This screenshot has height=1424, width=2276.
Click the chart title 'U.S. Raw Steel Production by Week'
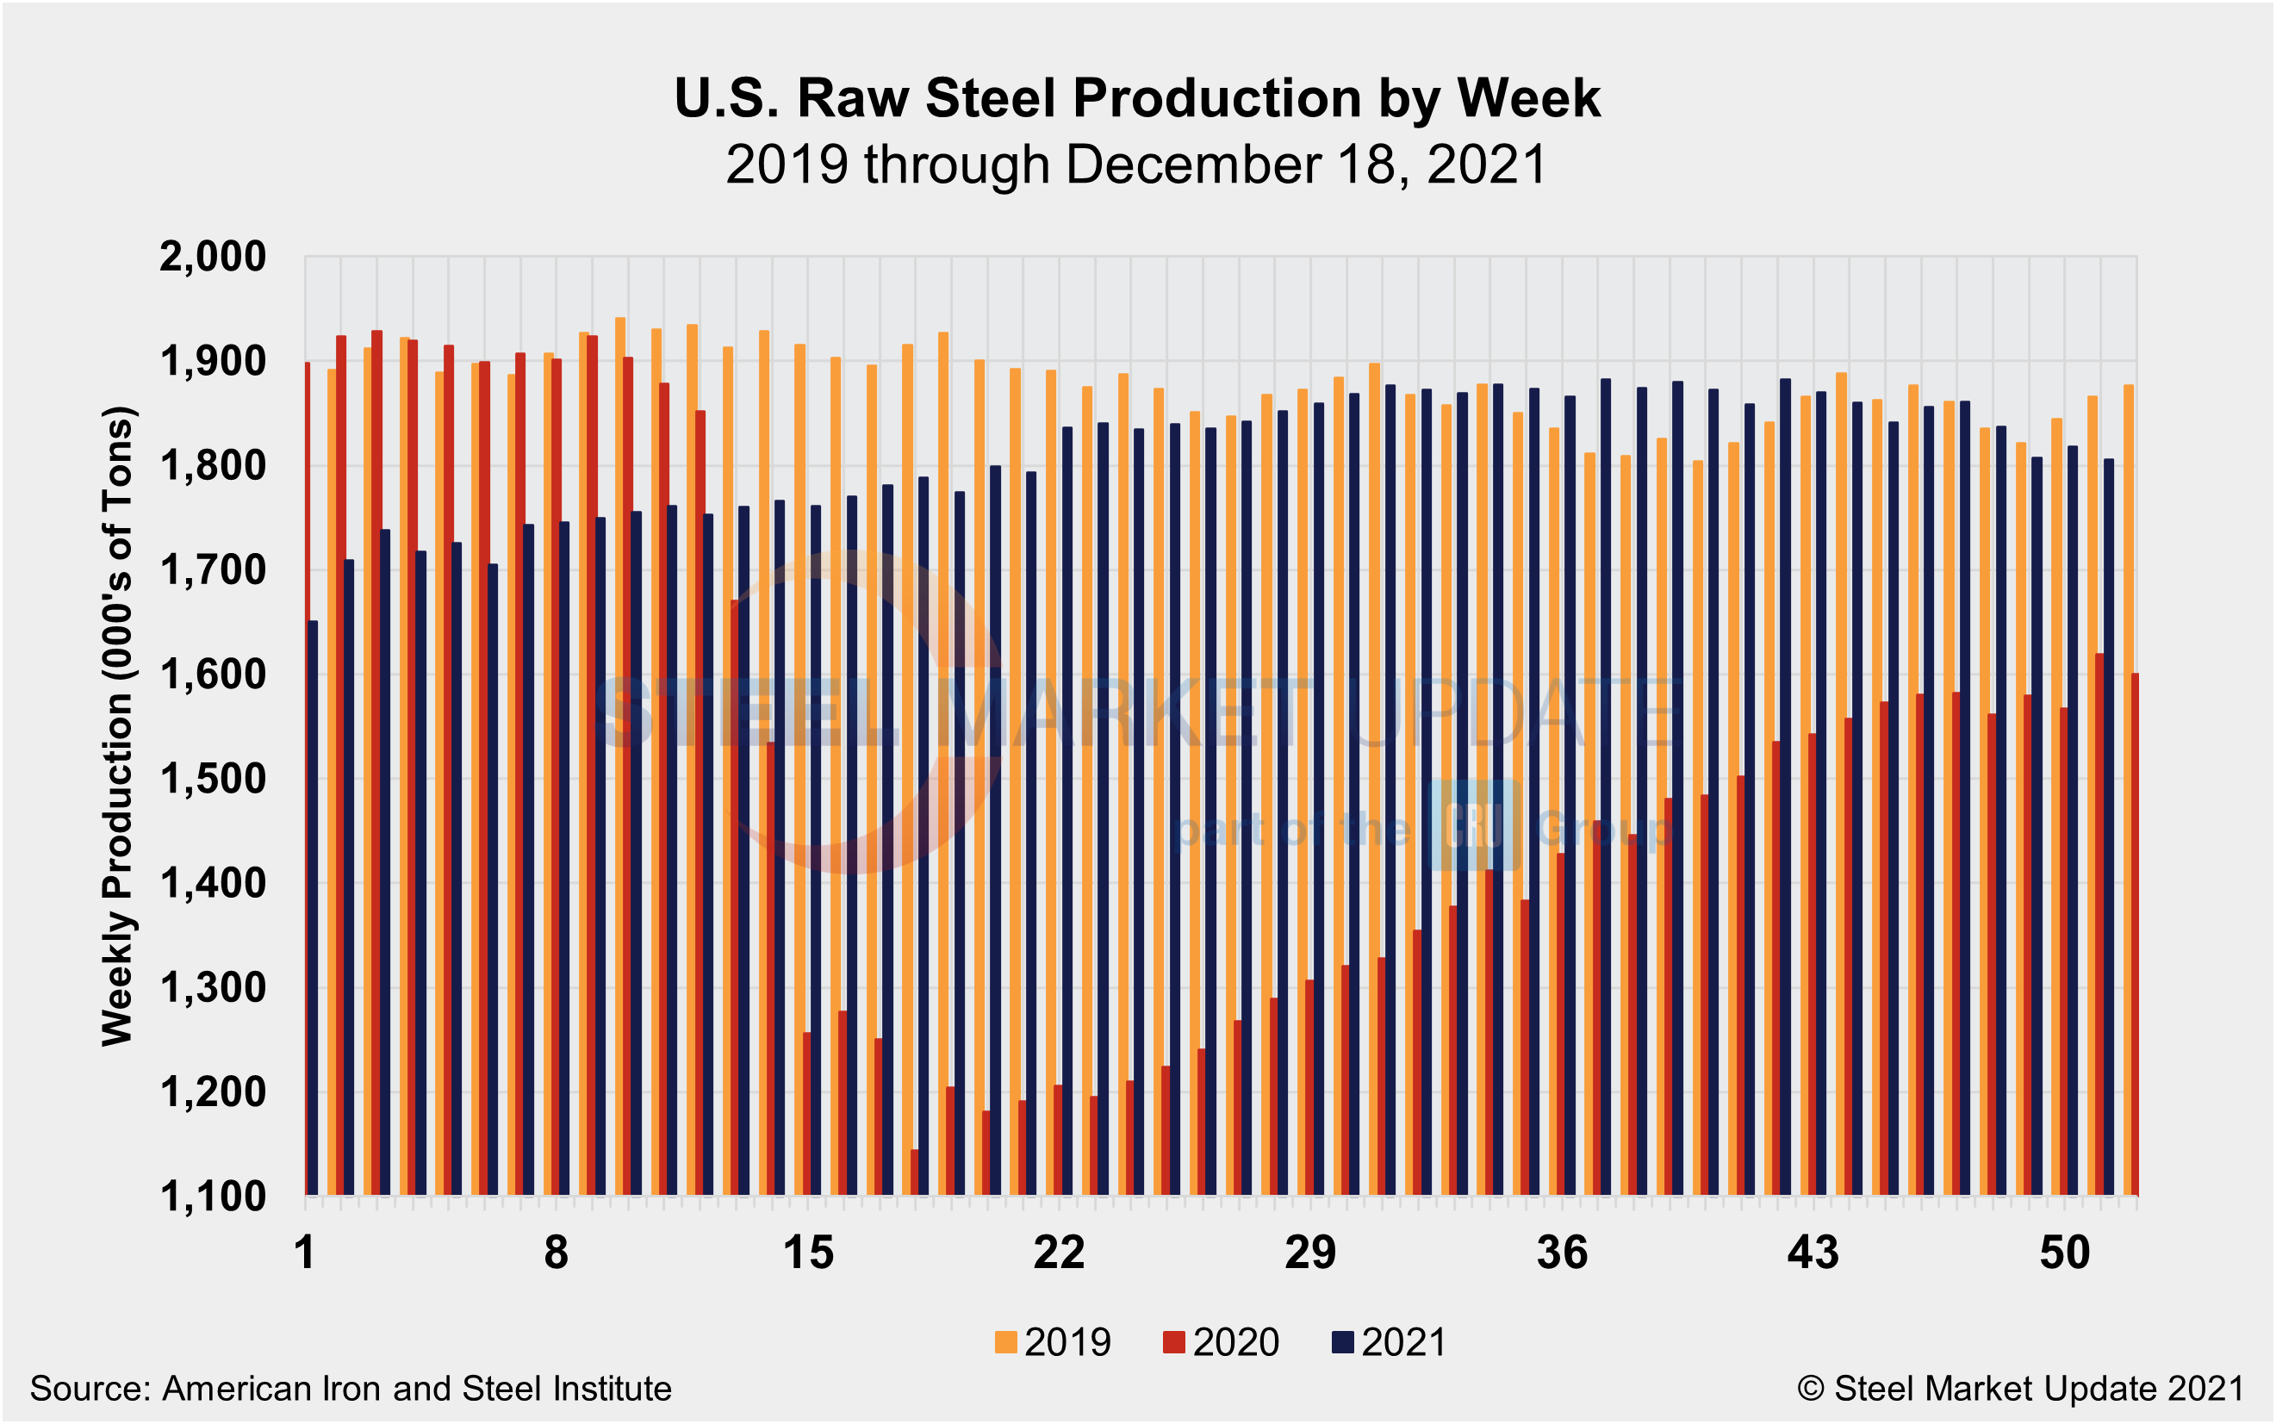tap(1136, 98)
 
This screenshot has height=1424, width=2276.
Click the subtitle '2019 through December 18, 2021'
tap(1136, 165)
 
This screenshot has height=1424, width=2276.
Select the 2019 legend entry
tap(1054, 1342)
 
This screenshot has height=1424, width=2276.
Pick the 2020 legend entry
tap(1222, 1342)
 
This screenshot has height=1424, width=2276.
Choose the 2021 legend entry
tap(1389, 1342)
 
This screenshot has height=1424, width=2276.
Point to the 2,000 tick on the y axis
tap(214, 256)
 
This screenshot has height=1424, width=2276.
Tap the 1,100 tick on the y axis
tap(214, 1197)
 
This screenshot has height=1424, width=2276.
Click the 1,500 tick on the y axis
tap(214, 779)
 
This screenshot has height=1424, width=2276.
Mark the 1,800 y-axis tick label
tap(214, 465)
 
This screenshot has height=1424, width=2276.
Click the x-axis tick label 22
tap(1060, 1253)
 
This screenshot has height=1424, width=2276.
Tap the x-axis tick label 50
tap(2065, 1253)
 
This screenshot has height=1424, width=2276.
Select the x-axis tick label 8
tap(557, 1253)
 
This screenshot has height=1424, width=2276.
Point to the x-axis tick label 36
tap(1562, 1253)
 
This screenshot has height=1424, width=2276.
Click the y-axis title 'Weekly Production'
tap(119, 725)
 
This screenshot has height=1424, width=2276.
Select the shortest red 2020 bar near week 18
tap(914, 1172)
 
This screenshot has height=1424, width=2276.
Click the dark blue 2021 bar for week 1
tap(313, 909)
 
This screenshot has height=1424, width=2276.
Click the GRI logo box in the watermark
tap(1473, 825)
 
